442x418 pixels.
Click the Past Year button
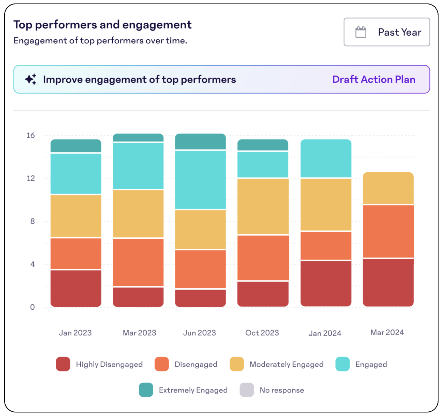point(386,32)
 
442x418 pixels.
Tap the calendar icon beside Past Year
point(361,32)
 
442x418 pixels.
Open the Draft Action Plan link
point(374,79)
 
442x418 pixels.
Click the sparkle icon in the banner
point(31,79)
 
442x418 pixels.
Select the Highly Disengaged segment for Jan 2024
point(326,283)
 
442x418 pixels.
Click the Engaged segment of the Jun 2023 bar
point(200,180)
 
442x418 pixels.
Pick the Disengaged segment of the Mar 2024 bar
point(388,231)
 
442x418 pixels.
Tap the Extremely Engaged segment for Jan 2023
point(76,146)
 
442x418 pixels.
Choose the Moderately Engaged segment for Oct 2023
point(263,206)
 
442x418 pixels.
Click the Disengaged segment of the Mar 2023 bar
point(138,262)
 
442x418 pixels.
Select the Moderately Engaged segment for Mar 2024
point(388,188)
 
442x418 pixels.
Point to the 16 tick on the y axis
point(31,135)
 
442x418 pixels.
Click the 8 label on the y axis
point(32,221)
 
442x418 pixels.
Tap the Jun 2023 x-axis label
point(200,333)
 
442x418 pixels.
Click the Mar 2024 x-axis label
point(387,332)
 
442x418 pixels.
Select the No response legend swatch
point(246,390)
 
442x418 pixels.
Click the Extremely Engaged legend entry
point(193,390)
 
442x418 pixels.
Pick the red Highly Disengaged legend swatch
point(63,364)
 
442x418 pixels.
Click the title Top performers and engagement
point(102,25)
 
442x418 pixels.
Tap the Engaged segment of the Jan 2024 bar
point(326,159)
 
